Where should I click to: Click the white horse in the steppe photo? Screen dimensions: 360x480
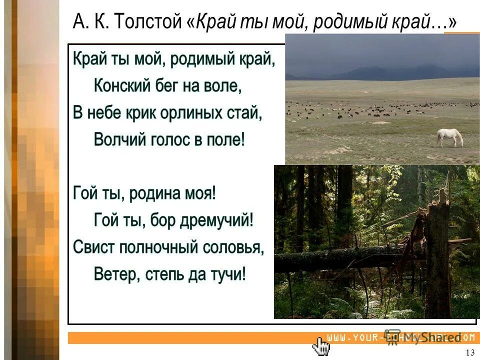(450, 137)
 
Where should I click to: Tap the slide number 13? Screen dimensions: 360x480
(469, 352)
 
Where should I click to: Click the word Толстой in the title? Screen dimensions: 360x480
(151, 21)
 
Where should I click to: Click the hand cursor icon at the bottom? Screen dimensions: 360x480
(321, 345)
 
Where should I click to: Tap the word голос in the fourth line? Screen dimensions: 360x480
(165, 139)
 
